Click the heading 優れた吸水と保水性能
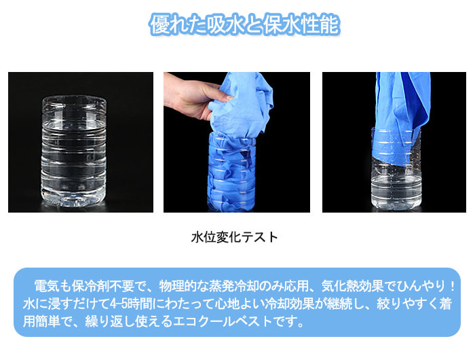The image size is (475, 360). (244, 24)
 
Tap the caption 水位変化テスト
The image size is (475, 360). (235, 237)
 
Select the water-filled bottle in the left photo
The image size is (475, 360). (73, 151)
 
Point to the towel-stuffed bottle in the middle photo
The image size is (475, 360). (232, 171)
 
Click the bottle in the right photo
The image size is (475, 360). (396, 169)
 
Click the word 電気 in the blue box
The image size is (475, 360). (46, 286)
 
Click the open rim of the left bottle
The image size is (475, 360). (74, 99)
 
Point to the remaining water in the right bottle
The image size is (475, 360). (396, 187)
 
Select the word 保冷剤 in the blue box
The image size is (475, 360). (90, 286)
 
